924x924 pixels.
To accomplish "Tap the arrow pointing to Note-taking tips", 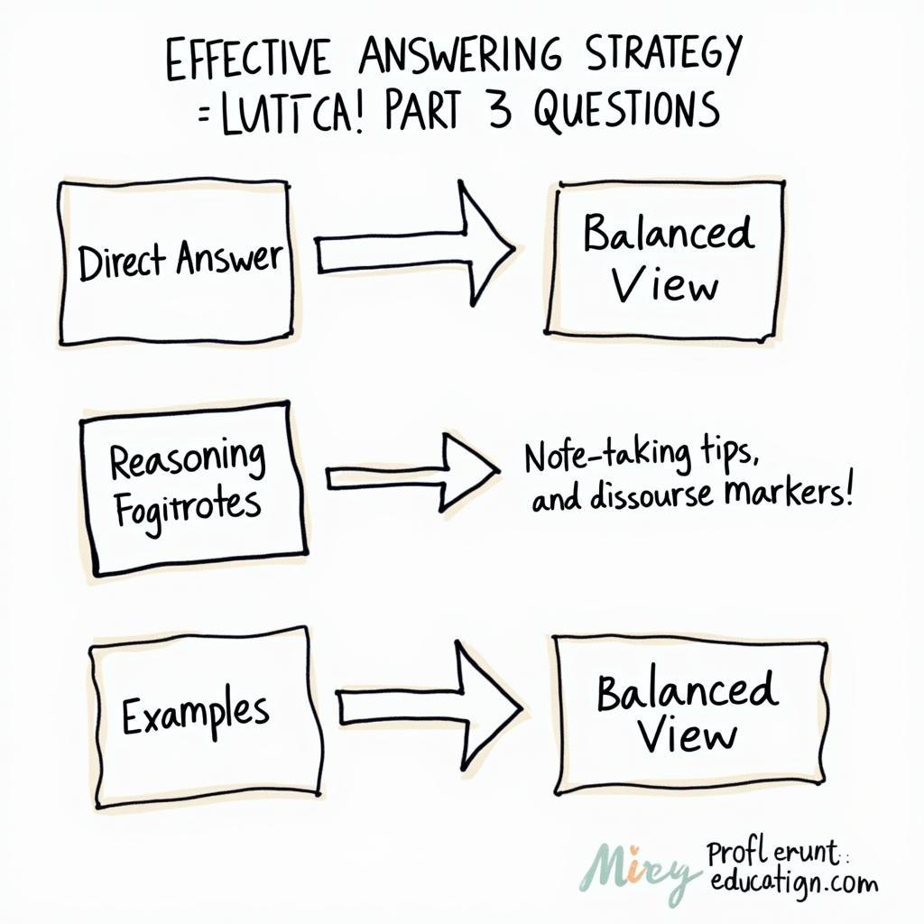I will click(x=411, y=470).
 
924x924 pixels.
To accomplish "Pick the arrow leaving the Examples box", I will click(x=428, y=703).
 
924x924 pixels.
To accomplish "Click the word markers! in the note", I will click(x=794, y=494).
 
